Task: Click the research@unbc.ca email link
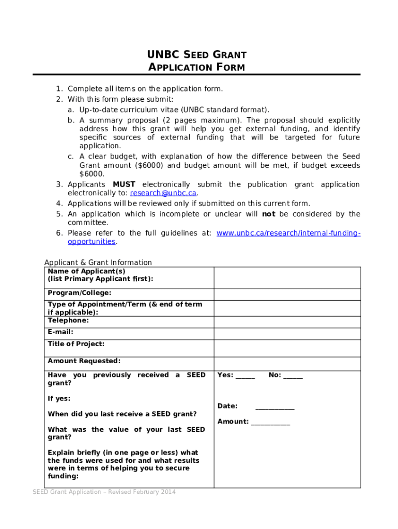(163, 193)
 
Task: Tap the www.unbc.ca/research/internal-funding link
(288, 233)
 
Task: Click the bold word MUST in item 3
(124, 184)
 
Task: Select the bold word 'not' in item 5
(268, 214)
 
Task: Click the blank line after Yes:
(245, 377)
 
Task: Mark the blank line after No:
(293, 377)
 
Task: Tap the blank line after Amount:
(270, 423)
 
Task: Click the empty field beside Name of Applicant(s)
(287, 277)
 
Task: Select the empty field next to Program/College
(287, 294)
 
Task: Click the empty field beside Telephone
(287, 321)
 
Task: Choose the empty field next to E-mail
(287, 333)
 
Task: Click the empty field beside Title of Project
(287, 348)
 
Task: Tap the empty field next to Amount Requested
(287, 363)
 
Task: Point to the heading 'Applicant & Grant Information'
(98, 262)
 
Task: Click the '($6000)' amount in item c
(146, 166)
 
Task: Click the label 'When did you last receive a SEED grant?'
(122, 414)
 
